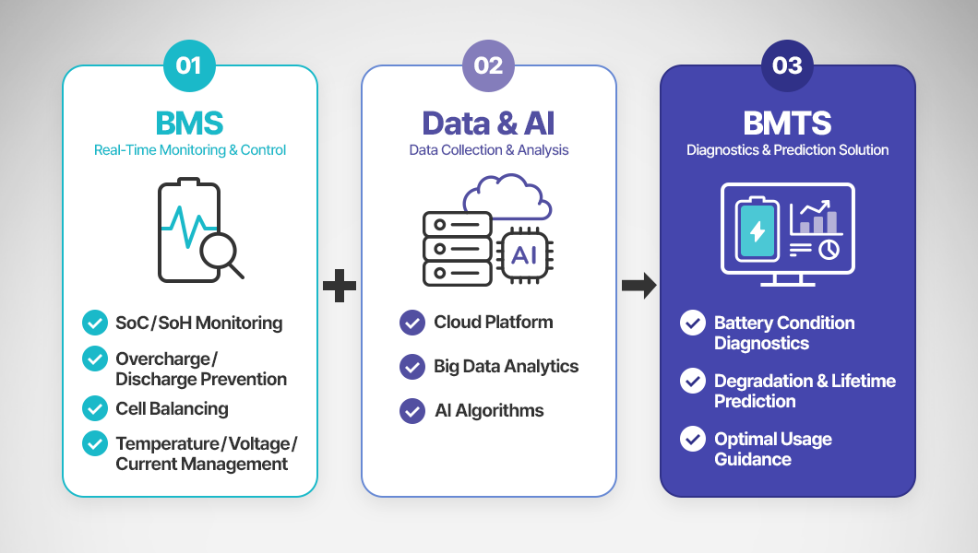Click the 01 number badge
[x=189, y=65]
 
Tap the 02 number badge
[x=488, y=65]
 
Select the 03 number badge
[x=787, y=65]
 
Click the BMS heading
[x=190, y=123]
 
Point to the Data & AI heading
[x=488, y=123]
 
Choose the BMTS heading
[x=787, y=123]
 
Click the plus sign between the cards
[x=340, y=286]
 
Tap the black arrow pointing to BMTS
[x=638, y=286]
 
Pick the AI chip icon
[x=524, y=255]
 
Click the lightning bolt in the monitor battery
[x=757, y=231]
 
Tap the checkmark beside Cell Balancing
[x=95, y=408]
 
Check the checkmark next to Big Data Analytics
[x=412, y=367]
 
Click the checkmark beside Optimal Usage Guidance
[x=692, y=439]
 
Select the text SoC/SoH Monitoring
[x=199, y=323]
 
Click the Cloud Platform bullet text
[x=494, y=322]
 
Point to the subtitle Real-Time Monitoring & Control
[x=190, y=150]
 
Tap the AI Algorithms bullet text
[x=489, y=410]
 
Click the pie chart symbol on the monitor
[x=829, y=250]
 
